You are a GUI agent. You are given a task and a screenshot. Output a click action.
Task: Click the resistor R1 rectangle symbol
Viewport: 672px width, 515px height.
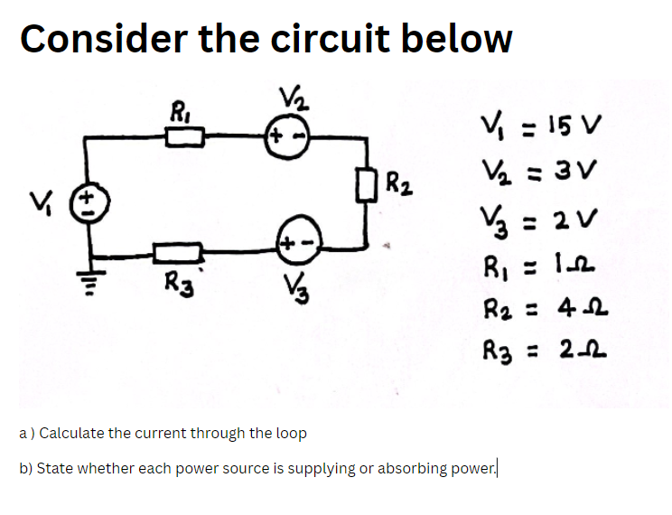[187, 136]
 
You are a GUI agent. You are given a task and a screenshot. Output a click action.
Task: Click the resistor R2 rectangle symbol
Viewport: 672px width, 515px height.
[369, 191]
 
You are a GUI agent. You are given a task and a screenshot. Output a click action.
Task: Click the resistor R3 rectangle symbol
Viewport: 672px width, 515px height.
[179, 250]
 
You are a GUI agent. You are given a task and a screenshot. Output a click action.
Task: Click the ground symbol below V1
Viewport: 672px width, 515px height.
[89, 286]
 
